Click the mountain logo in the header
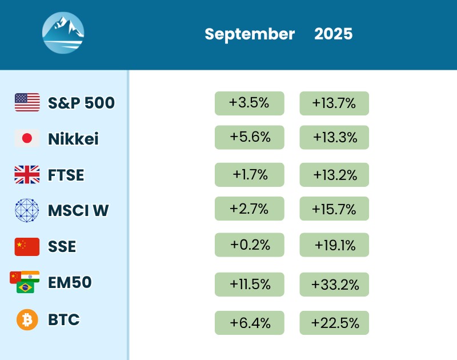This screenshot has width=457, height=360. click(x=63, y=33)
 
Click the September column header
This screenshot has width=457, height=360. click(x=250, y=34)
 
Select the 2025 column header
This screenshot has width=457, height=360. click(x=334, y=34)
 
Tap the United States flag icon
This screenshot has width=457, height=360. click(x=27, y=102)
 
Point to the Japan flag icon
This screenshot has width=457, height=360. click(x=27, y=138)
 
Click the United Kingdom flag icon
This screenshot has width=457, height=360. click(x=27, y=174)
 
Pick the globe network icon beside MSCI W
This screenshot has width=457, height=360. click(x=27, y=210)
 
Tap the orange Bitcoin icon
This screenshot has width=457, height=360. click(x=27, y=319)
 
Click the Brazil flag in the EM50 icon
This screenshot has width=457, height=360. click(x=26, y=287)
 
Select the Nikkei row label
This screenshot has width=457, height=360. click(x=73, y=139)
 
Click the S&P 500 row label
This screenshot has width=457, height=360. click(x=81, y=103)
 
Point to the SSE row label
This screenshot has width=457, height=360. click(x=62, y=247)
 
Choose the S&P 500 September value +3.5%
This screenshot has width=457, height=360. click(x=249, y=103)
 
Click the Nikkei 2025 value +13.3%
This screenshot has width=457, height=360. click(x=334, y=138)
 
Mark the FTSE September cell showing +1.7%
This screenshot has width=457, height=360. click(x=249, y=174)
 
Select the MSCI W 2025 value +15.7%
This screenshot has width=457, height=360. click(x=334, y=209)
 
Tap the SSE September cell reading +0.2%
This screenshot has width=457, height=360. click(x=249, y=245)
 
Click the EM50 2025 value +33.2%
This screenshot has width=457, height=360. click(x=334, y=285)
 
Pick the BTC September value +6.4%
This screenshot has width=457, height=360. click(x=249, y=323)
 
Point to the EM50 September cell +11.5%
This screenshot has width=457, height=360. click(x=249, y=285)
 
